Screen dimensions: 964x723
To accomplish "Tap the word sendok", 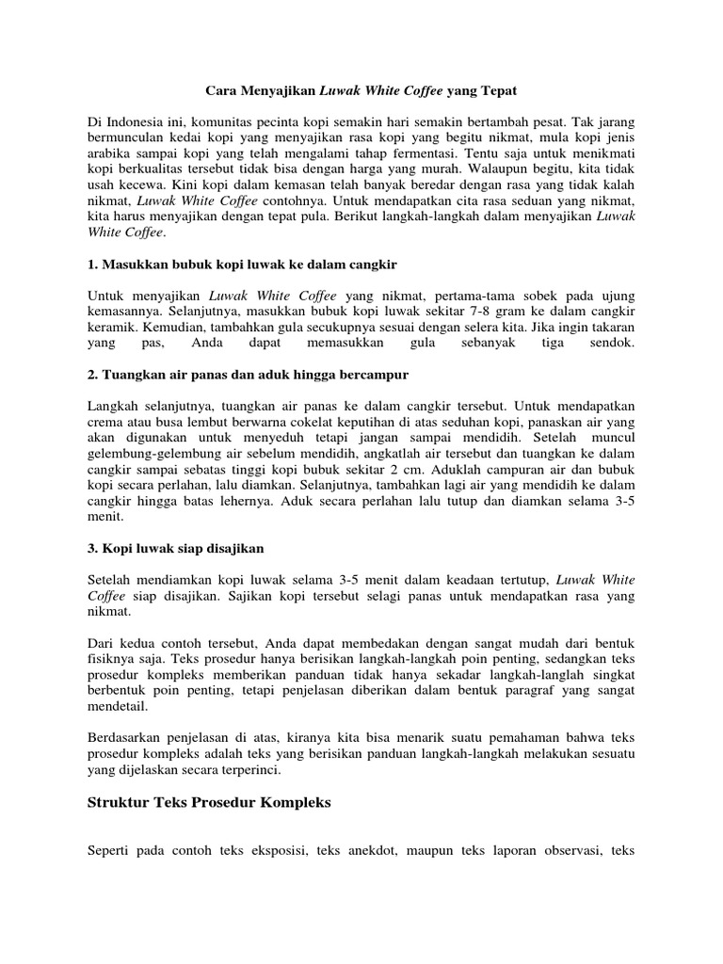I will click(x=613, y=344).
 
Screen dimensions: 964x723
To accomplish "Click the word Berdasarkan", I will click(x=126, y=735).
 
